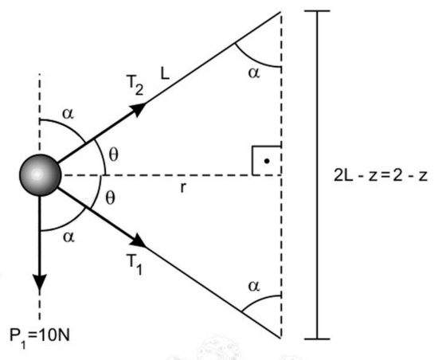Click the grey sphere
click(x=40, y=175)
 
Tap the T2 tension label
click(x=135, y=85)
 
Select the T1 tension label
click(x=135, y=264)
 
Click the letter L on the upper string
click(x=165, y=74)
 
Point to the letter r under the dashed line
click(x=182, y=188)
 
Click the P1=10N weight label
click(x=40, y=336)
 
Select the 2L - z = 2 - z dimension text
click(x=381, y=176)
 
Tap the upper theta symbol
click(x=113, y=155)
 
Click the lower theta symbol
click(x=111, y=198)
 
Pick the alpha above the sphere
click(x=68, y=114)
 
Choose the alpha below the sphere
click(x=68, y=237)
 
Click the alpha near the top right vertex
click(x=254, y=73)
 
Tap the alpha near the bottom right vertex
click(x=254, y=286)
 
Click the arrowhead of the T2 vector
click(x=138, y=109)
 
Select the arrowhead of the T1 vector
click(x=139, y=241)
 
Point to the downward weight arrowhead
click(x=40, y=283)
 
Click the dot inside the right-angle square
click(x=267, y=161)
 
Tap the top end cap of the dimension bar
click(x=317, y=11)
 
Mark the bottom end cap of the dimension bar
click(x=317, y=339)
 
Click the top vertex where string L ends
click(x=280, y=12)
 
